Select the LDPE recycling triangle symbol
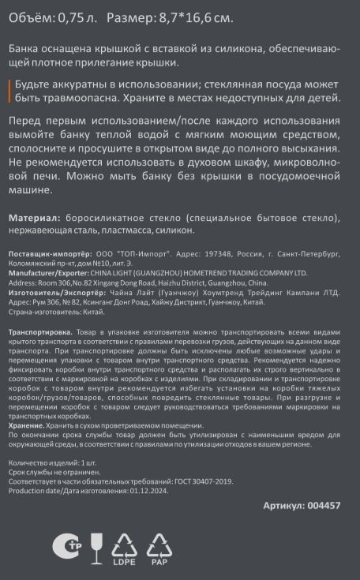point(123,546)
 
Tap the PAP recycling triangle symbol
point(159,546)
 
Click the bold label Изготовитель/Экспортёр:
point(51,291)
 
